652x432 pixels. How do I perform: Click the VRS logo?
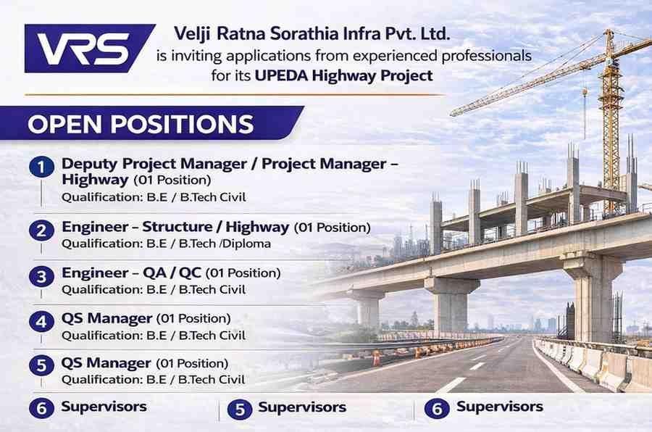[x=90, y=49]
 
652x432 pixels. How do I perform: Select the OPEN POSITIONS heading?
[x=141, y=124]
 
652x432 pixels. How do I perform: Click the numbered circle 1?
[x=41, y=167]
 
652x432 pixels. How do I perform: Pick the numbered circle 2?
[x=41, y=230]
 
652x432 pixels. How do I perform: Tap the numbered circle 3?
[x=41, y=276]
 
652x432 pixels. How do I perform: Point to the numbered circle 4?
[x=41, y=321]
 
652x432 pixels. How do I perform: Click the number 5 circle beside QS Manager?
[x=41, y=365]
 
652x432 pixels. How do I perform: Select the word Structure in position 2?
[x=177, y=227]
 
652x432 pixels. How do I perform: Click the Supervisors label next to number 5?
[x=302, y=407]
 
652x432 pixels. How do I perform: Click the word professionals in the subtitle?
[x=487, y=56]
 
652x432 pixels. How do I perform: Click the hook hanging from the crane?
[x=585, y=92]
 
